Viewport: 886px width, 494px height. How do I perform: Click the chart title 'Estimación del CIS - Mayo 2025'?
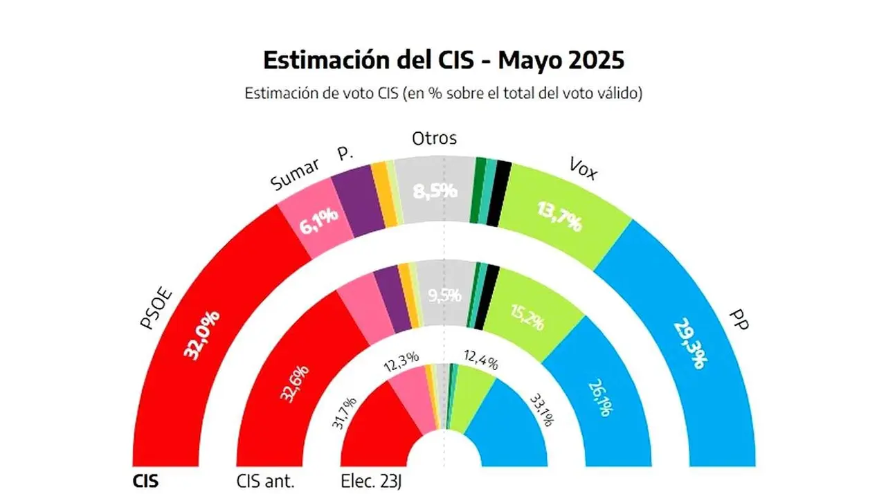(444, 60)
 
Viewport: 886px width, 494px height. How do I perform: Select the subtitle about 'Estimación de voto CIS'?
(444, 93)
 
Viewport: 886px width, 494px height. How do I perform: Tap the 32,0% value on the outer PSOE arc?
(201, 335)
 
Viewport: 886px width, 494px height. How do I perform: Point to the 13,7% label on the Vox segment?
(559, 214)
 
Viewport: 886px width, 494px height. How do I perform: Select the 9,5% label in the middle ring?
(444, 296)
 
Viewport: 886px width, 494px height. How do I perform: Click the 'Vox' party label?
(583, 167)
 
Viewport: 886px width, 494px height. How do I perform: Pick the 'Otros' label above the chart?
(434, 138)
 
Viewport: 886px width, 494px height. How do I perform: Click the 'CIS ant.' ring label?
(266, 481)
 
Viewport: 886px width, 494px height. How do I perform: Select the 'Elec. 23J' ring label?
(372, 481)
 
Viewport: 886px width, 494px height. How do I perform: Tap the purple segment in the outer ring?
(356, 202)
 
